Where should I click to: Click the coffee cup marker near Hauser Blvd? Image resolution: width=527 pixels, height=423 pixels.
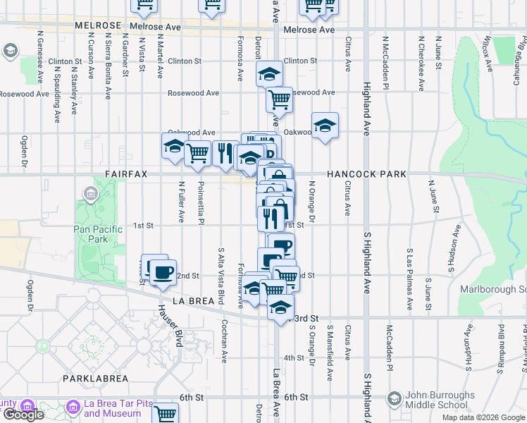click(x=163, y=271)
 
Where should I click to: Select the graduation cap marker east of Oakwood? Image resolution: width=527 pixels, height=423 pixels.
click(x=325, y=126)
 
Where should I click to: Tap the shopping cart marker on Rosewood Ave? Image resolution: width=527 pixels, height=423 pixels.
click(x=279, y=99)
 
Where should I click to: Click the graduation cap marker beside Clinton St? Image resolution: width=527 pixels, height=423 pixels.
click(x=269, y=73)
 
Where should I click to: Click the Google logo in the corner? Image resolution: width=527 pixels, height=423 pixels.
click(x=23, y=415)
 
